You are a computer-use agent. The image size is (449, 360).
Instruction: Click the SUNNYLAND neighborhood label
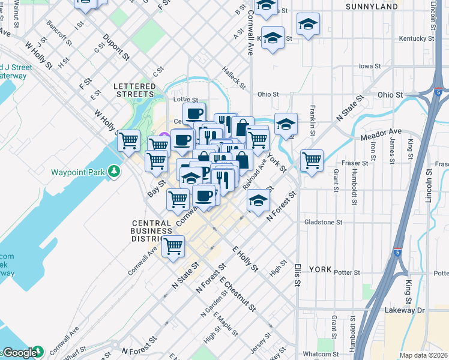pyautogui.click(x=372, y=7)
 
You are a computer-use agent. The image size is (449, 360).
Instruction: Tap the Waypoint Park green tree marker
pyautogui.click(x=114, y=172)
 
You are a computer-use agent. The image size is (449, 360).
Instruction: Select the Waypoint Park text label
pyautogui.click(x=79, y=172)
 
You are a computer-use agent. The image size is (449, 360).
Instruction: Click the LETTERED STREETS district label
pyautogui.click(x=134, y=90)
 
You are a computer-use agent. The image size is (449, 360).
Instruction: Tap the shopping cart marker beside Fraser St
pyautogui.click(x=312, y=161)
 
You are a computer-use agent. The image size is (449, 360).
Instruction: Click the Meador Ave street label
pyautogui.click(x=381, y=131)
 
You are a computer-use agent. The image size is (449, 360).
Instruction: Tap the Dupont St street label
pyautogui.click(x=116, y=47)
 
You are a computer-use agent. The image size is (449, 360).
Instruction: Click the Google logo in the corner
pyautogui.click(x=20, y=353)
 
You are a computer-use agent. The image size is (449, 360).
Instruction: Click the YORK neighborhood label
pyautogui.click(x=320, y=269)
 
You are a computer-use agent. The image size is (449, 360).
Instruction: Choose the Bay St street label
pyautogui.click(x=156, y=189)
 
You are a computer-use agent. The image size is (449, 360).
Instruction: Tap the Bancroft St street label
pyautogui.click(x=59, y=35)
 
